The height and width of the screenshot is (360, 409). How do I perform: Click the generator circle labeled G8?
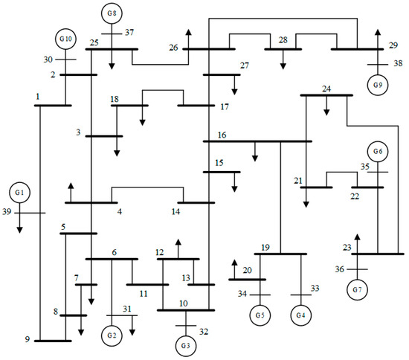pos(112,13)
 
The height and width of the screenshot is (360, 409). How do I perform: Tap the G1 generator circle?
pos(20,193)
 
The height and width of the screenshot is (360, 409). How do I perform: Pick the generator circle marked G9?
pos(379,85)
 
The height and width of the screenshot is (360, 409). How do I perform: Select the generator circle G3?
pos(185,346)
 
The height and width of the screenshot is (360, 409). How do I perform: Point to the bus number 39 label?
pos(6,213)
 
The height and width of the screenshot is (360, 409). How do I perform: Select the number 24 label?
pos(326,89)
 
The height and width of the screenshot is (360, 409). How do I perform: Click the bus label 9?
pos(27,340)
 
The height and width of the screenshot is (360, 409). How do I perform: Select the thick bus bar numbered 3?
pos(104,136)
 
